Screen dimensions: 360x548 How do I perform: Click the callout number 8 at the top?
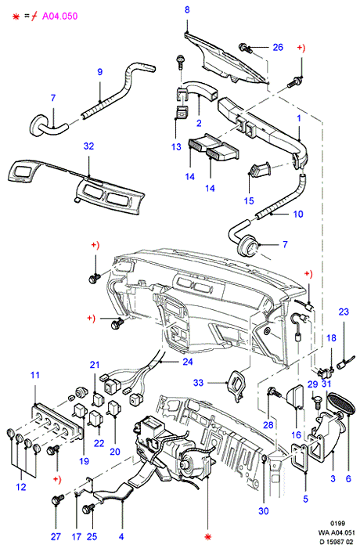tap(187, 9)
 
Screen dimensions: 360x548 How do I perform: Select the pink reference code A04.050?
tap(59, 16)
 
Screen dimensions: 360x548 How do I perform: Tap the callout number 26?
tap(278, 47)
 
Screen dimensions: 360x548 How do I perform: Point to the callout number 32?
tap(88, 146)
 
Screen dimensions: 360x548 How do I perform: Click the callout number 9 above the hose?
tap(100, 72)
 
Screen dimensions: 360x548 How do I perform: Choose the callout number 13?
tap(177, 147)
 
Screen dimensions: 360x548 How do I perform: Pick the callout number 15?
tap(249, 200)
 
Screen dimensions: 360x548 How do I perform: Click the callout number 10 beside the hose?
tap(298, 214)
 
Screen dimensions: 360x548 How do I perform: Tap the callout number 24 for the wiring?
tap(188, 362)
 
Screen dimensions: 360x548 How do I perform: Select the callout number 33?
tap(198, 383)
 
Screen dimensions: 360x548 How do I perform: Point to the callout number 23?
tap(344, 312)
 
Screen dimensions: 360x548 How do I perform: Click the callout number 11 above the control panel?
tap(35, 375)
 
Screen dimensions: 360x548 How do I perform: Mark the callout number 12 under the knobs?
tap(21, 487)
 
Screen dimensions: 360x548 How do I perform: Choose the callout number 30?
tap(264, 511)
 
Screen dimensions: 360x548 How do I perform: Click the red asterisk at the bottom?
tap(208, 537)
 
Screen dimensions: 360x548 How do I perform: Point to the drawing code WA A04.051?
tap(337, 532)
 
